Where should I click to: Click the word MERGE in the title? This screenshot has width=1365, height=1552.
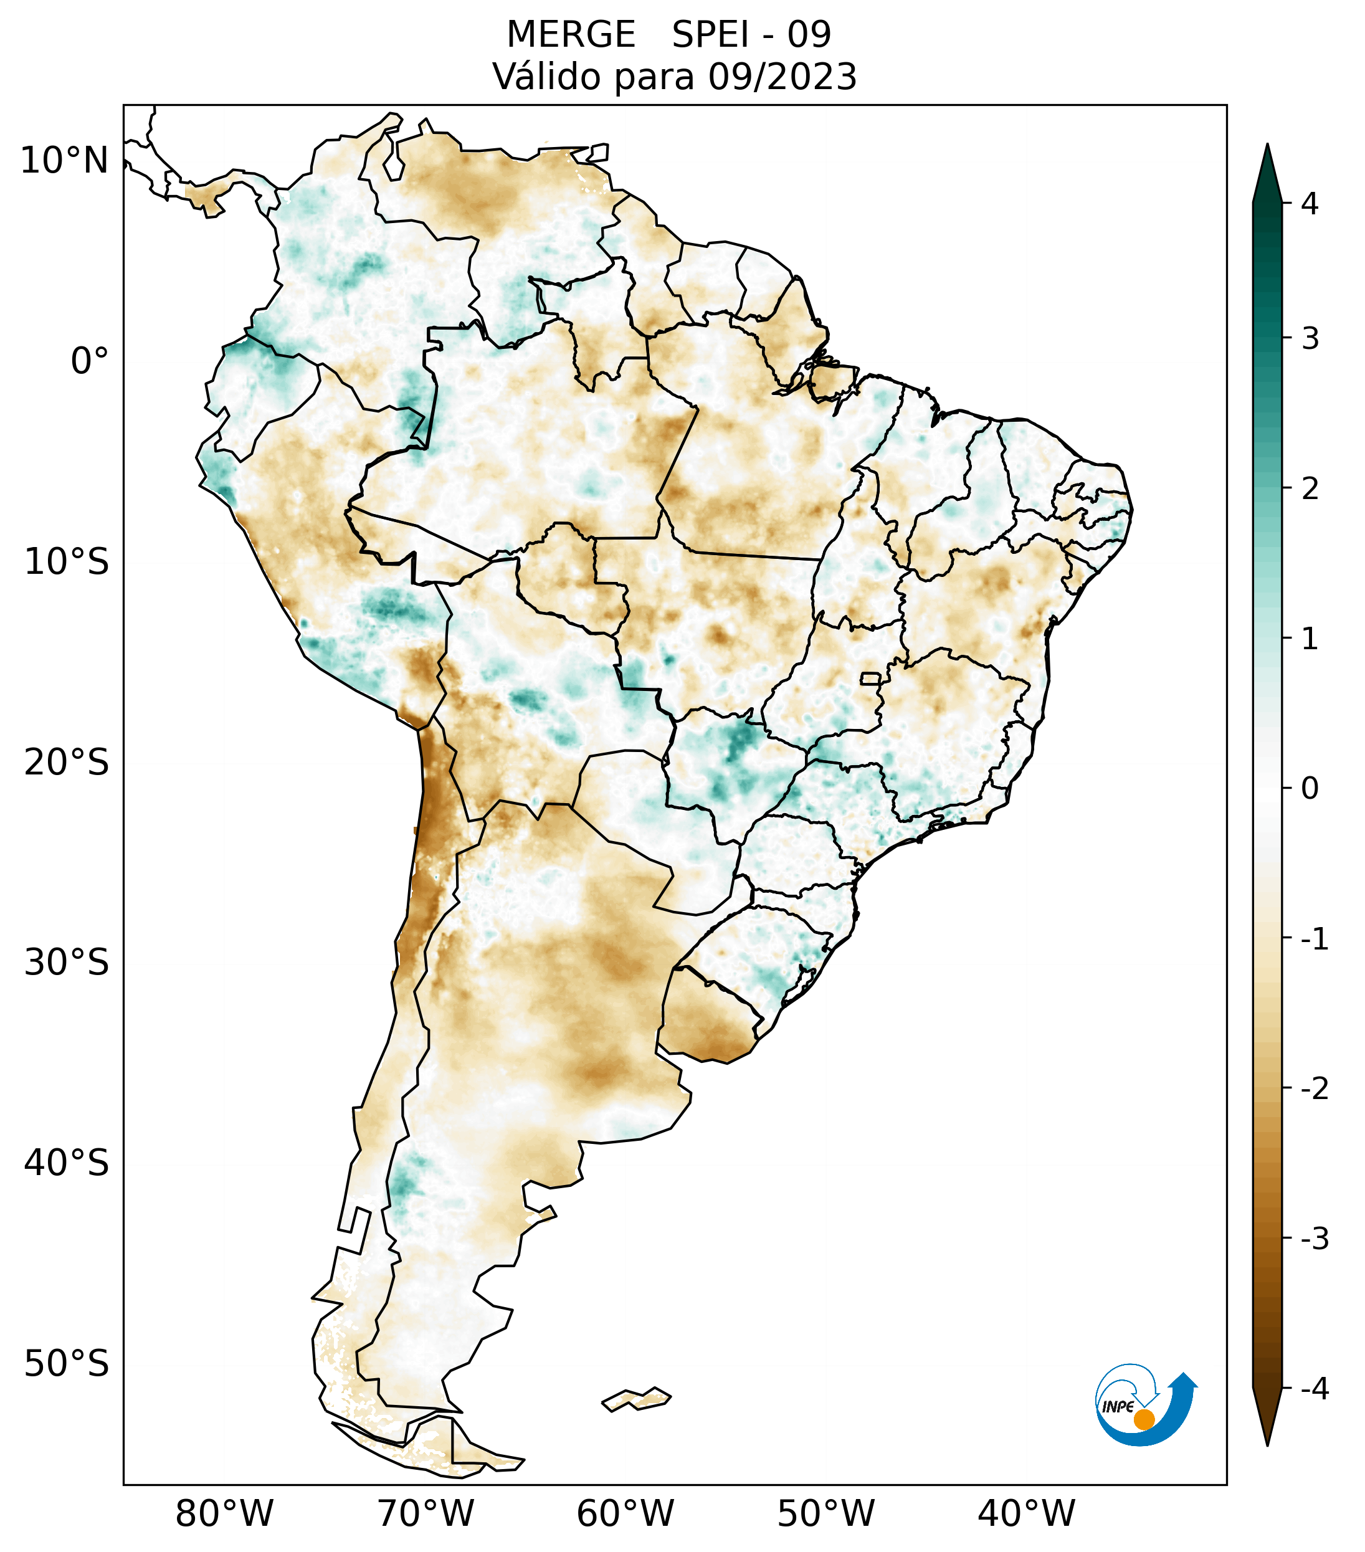pos(570,35)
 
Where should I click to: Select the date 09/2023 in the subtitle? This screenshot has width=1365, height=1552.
pos(782,77)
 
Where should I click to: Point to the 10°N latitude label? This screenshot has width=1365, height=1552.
pos(65,161)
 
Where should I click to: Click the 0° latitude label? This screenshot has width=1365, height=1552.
pos(90,361)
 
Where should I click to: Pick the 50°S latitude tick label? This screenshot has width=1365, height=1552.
pos(67,1364)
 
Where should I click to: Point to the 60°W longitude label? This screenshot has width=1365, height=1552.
pos(625,1513)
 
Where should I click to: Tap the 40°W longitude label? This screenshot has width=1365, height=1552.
pos(1025,1513)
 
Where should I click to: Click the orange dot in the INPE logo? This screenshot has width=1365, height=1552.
pos(1144,1419)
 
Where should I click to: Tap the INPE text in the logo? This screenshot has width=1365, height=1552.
pos(1118,1406)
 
